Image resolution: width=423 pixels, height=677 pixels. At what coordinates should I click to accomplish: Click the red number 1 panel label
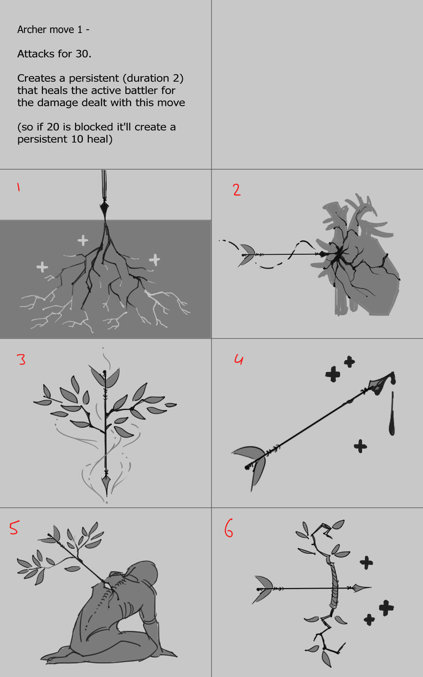coord(18,187)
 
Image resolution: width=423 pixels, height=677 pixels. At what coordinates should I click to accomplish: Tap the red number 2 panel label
coord(237,190)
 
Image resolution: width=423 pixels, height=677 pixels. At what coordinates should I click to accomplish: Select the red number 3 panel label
coord(21,359)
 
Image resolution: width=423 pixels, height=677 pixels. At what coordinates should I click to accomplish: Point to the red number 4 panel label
coord(239,359)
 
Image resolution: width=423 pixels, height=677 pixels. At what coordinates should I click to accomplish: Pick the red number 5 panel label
coord(14,527)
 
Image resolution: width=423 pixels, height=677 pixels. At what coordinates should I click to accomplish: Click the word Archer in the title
coord(31,30)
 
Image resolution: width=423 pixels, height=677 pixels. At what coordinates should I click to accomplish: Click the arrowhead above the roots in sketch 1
coord(104,210)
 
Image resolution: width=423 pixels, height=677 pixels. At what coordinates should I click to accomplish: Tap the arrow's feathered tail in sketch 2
coord(247,255)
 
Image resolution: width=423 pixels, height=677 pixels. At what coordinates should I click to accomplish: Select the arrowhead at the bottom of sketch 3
coord(106,483)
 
